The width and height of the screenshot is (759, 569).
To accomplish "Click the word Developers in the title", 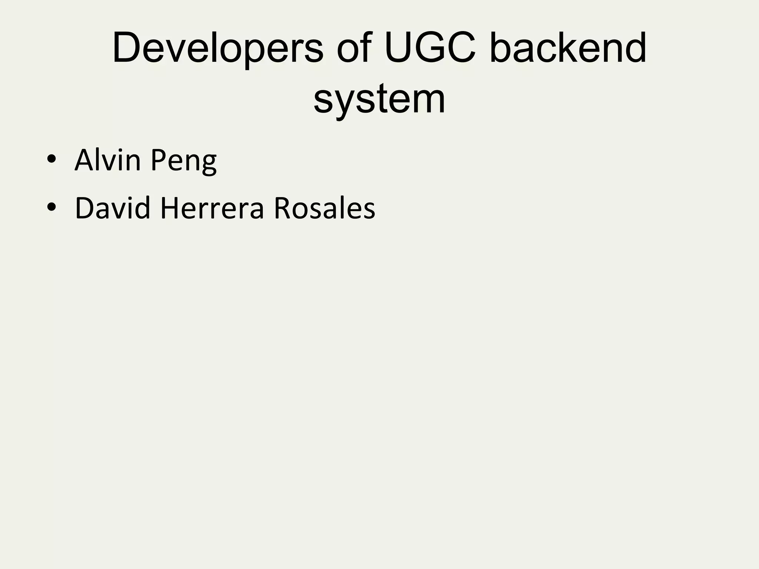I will click(218, 48).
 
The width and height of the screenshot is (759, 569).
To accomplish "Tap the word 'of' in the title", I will click(354, 48).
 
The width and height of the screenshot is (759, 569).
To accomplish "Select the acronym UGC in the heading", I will click(430, 48).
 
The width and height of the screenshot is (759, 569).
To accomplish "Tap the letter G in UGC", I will click(430, 48).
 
